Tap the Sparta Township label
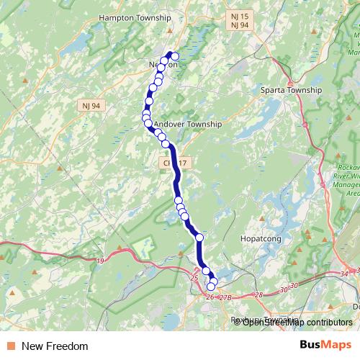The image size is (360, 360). point(291,91)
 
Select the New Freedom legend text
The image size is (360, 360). point(55,346)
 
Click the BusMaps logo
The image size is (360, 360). point(325,346)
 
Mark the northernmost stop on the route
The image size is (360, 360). point(174,56)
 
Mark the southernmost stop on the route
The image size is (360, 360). point(211,287)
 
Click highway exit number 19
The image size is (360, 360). point(100,260)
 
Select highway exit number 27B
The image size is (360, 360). point(225,297)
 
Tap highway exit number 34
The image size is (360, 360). point(343,274)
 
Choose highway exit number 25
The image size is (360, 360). point(194,277)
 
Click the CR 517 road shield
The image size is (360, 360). point(176,164)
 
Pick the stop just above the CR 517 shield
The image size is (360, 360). point(166,145)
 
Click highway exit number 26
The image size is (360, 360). point(210,297)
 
